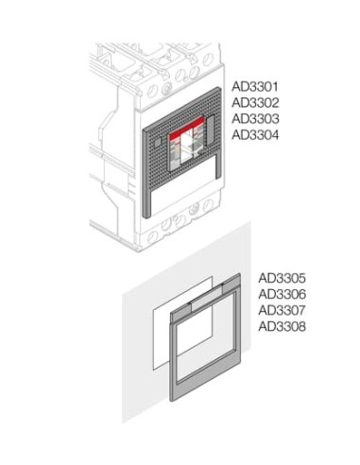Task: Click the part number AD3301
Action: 255,87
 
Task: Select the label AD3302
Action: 255,103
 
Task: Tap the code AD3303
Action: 255,119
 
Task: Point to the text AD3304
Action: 255,135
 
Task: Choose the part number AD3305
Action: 282,278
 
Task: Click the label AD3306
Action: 282,294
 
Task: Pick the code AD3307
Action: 282,310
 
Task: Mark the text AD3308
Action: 282,327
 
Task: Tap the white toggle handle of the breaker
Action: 189,146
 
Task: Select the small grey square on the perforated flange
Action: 158,143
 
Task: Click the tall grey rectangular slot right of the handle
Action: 211,130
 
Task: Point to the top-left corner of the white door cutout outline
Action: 153,310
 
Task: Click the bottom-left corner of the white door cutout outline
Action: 153,369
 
